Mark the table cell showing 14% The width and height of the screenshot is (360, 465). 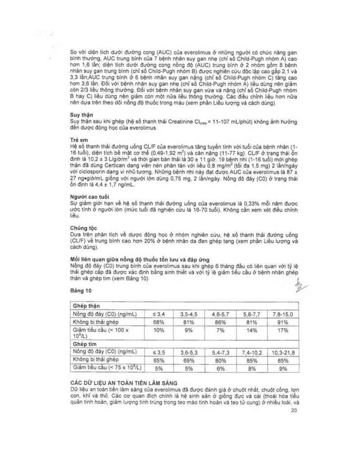click(252, 330)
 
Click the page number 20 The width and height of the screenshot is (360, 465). click(294, 411)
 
